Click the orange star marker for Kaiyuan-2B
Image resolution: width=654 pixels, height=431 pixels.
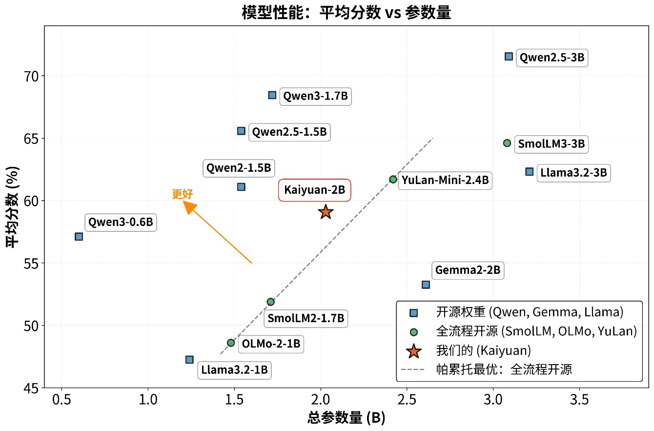pyautogui.click(x=326, y=212)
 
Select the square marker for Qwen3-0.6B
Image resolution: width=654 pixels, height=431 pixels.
pyautogui.click(x=79, y=236)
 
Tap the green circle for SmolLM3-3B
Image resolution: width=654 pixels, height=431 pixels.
pyautogui.click(x=507, y=143)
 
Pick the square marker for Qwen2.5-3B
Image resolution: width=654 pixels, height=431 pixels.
pyautogui.click(x=509, y=57)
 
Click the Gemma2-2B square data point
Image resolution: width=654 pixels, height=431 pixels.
pyautogui.click(x=426, y=285)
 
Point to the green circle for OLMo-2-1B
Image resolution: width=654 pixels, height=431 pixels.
pyautogui.click(x=231, y=343)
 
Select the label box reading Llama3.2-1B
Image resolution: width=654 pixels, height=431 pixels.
pyautogui.click(x=234, y=370)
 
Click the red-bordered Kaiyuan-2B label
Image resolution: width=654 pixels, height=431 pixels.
pyautogui.click(x=314, y=190)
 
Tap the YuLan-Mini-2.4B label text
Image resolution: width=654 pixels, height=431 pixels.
pyautogui.click(x=445, y=180)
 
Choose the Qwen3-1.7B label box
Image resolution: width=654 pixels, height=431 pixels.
pyautogui.click(x=315, y=96)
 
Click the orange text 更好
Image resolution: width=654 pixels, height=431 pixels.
pyautogui.click(x=183, y=194)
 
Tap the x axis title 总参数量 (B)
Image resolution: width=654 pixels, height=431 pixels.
pyautogui.click(x=346, y=417)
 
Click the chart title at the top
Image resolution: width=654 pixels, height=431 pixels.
pyautogui.click(x=346, y=12)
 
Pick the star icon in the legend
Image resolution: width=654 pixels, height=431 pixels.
pyautogui.click(x=413, y=350)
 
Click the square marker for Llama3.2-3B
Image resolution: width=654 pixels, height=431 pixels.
pyautogui.click(x=529, y=171)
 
